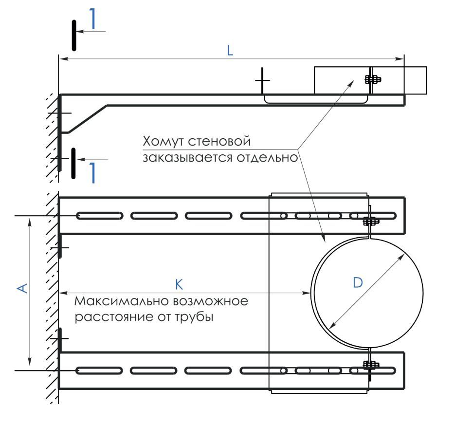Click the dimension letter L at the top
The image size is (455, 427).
(x=230, y=51)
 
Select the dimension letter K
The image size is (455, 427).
(x=180, y=284)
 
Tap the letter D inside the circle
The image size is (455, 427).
(x=358, y=282)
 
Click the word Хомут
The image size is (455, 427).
(x=164, y=141)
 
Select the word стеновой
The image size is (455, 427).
(x=219, y=141)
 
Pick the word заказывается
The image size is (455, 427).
(x=187, y=158)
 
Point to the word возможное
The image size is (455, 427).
(x=210, y=301)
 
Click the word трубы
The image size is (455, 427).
(x=195, y=316)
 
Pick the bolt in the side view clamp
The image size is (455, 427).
(x=373, y=79)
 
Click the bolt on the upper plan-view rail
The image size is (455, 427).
(x=371, y=221)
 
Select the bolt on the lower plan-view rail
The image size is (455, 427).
(x=371, y=365)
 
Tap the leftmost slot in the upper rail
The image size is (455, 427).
(x=99, y=216)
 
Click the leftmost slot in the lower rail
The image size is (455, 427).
(x=99, y=371)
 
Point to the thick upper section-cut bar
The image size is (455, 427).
(x=74, y=36)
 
